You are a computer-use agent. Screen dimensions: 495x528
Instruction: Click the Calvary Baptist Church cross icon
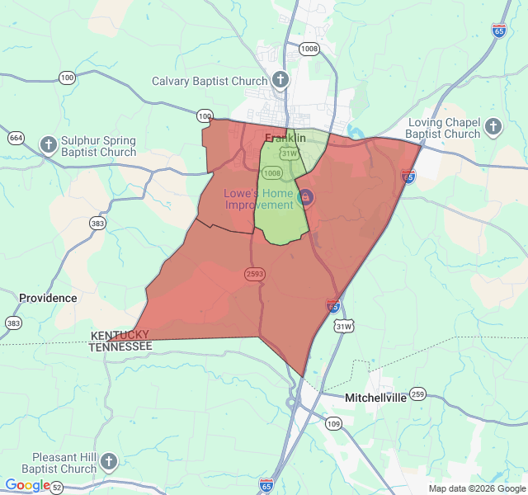pos(280,80)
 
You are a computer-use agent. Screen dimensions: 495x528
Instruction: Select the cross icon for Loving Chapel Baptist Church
pos(493,126)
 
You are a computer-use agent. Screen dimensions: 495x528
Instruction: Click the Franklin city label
pos(285,138)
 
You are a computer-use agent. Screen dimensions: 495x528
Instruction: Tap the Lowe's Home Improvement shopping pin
pos(305,197)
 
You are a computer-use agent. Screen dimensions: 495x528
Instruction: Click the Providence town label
pos(48,298)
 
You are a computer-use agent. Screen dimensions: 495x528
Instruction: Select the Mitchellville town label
pos(375,397)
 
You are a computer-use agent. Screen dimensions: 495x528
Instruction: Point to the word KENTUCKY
pos(120,335)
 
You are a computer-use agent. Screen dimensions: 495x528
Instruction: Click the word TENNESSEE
pos(120,347)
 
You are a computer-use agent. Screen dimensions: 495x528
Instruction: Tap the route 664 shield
pos(16,137)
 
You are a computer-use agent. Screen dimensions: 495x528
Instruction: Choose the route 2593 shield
pos(254,273)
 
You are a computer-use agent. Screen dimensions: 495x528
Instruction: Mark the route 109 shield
pos(332,423)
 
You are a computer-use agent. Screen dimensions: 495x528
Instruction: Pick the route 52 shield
pos(56,488)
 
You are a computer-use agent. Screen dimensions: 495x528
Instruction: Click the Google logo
pos(26,485)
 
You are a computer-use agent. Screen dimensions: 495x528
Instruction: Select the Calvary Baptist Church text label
pos(210,81)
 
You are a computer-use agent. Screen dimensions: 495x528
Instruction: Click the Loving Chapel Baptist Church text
pos(444,128)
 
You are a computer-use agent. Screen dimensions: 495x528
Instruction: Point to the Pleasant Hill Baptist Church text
pos(64,463)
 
